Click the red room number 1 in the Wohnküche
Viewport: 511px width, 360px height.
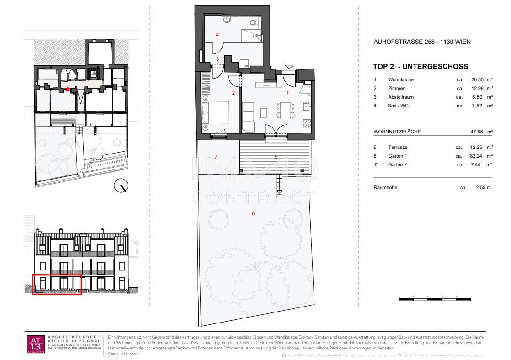tap(287, 93)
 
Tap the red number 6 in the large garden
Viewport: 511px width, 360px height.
tap(253, 213)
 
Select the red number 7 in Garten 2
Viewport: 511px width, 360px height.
tap(216, 157)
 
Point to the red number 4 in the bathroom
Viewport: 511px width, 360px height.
tap(217, 35)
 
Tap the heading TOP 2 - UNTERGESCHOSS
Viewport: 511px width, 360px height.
tap(421, 67)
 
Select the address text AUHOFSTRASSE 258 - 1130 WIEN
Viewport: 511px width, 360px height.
tap(422, 42)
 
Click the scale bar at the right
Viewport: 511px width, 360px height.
tap(435, 297)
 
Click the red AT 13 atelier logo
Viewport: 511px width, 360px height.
tap(36, 344)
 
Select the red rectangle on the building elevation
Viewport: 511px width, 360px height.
tap(57, 285)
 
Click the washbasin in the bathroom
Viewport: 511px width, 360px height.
tap(227, 20)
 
